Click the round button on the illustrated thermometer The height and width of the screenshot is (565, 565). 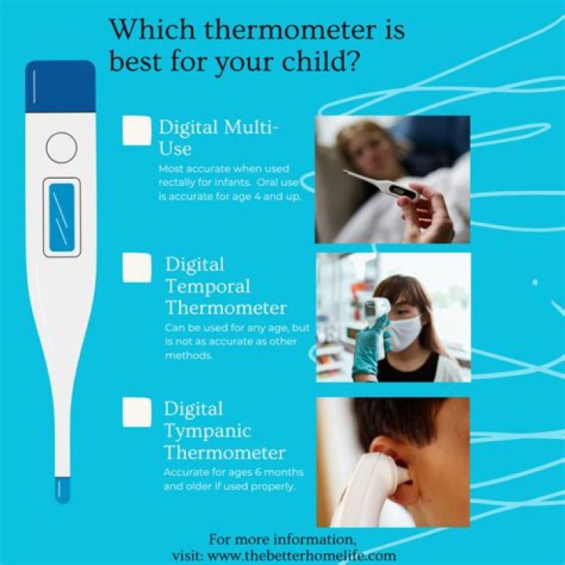(61, 147)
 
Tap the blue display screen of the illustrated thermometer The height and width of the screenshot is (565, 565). (61, 217)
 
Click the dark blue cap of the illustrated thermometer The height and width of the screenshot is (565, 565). (60, 86)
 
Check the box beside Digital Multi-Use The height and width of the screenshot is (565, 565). (137, 130)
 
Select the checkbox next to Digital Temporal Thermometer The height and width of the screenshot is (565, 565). (137, 268)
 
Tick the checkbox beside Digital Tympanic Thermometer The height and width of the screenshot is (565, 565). (137, 413)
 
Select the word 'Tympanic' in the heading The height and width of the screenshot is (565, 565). (207, 431)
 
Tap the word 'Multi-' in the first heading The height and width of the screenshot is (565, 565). (252, 127)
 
